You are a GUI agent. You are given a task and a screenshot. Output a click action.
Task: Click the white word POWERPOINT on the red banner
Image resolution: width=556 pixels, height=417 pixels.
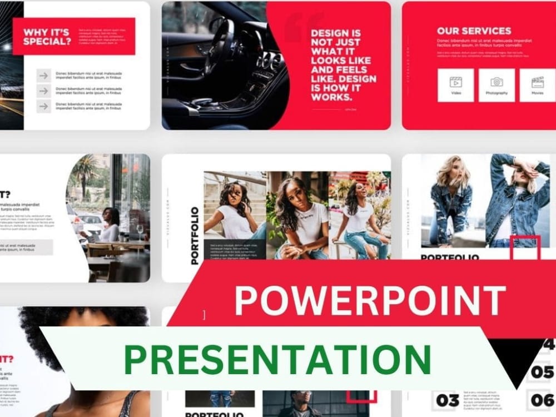(370, 301)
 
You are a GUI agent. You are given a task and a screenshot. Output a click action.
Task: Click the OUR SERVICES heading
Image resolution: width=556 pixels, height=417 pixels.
(474, 31)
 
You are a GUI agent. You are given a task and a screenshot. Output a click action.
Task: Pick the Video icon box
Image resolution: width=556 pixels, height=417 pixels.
(456, 85)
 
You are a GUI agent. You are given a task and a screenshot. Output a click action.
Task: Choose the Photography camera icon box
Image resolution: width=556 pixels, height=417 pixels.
(497, 85)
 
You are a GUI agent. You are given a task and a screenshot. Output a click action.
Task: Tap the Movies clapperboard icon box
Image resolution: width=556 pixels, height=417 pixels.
(537, 85)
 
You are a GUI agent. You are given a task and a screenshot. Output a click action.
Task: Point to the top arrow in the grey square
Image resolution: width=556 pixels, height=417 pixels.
(44, 76)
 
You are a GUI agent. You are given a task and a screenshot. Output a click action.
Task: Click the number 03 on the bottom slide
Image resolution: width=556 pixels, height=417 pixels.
(448, 400)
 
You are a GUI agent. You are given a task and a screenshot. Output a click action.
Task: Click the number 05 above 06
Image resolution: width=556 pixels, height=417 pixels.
(542, 371)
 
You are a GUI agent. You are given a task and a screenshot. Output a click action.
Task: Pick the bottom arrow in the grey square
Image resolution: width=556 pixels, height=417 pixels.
(44, 106)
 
